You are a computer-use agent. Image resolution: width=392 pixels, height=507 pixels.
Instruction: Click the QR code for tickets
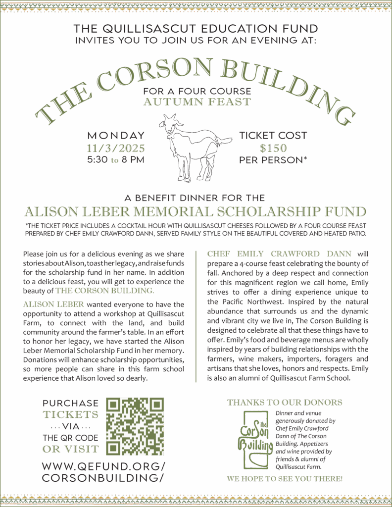click(135, 426)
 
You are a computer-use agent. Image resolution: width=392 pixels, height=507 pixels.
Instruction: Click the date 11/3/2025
click(116, 148)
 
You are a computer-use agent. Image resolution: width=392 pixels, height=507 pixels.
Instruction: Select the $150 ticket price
click(273, 148)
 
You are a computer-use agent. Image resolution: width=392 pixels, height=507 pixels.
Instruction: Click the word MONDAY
click(116, 135)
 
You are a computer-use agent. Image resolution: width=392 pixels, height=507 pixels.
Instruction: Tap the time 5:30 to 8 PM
click(116, 160)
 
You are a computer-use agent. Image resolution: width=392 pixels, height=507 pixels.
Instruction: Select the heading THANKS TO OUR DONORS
click(285, 403)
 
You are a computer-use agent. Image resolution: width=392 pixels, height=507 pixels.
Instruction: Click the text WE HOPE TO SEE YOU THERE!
click(285, 479)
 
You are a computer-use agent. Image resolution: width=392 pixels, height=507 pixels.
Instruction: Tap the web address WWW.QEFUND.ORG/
click(103, 466)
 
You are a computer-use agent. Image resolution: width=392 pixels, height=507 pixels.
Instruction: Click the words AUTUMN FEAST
click(196, 102)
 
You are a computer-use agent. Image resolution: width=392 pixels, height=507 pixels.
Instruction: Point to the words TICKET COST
click(273, 135)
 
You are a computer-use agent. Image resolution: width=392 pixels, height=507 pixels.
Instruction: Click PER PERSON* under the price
click(273, 160)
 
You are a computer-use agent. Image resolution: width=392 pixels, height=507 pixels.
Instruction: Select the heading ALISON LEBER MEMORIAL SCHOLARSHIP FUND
click(196, 212)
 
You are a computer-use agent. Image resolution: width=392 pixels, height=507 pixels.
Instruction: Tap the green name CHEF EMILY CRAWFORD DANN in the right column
click(279, 254)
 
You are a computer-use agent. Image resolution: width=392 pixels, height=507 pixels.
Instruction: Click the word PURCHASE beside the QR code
click(70, 403)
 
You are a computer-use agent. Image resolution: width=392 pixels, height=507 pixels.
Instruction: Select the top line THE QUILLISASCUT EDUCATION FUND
click(196, 28)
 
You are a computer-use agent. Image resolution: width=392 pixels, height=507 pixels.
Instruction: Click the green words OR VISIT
click(70, 449)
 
